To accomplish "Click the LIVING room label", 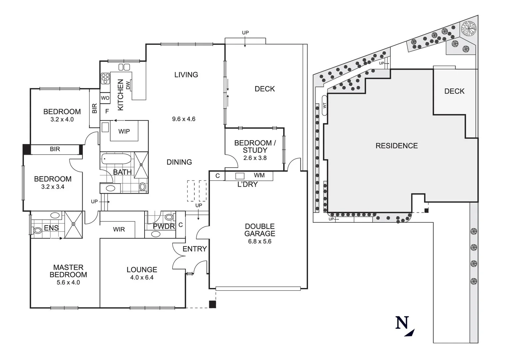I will tap(186, 75).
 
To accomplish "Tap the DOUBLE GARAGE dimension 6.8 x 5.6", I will tap(259, 241).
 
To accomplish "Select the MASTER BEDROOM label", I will tap(68, 271).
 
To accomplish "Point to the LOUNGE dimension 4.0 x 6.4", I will tap(142, 277).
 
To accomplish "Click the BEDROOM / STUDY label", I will tap(255, 146).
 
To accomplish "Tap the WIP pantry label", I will tap(124, 131).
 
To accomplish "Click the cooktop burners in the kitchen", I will tap(105, 78).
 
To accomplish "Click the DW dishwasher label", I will tap(128, 85).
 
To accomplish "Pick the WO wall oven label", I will tap(105, 98).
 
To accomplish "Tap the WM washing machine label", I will tap(259, 175).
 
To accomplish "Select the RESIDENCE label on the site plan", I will tap(396, 146).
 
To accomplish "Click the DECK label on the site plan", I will tap(454, 91).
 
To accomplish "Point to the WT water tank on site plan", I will tap(324, 105).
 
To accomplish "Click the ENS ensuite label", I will tap(51, 228).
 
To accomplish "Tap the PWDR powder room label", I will tap(164, 226).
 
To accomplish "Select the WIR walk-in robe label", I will tap(119, 229).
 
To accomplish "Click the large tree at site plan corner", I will tap(469, 28).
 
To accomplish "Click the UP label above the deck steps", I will tap(245, 33).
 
